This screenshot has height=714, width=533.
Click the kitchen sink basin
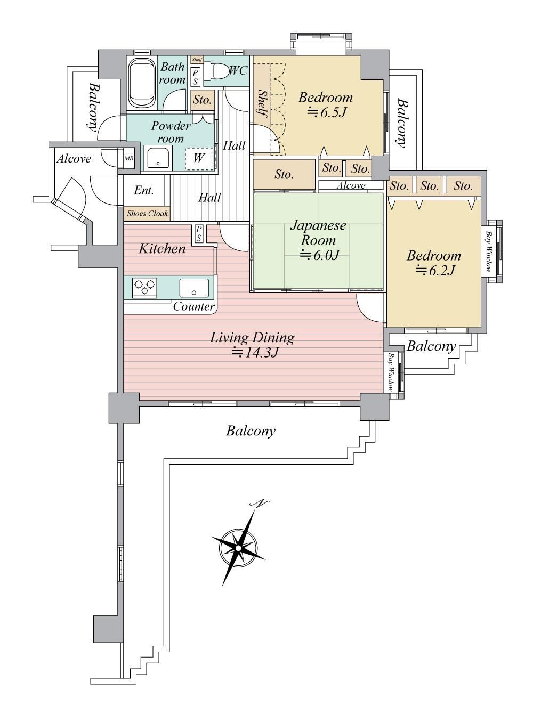tap(194, 288)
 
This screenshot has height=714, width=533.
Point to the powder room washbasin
tap(158, 157)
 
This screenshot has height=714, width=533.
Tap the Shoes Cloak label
tap(148, 214)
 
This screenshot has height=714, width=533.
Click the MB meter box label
tap(129, 159)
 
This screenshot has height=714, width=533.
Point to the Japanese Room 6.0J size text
tap(319, 255)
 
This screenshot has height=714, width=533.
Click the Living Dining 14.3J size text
tap(254, 353)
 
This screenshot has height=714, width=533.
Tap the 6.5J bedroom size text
tap(326, 112)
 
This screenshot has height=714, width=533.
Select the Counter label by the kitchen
tap(194, 306)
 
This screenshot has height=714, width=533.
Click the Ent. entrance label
tap(144, 191)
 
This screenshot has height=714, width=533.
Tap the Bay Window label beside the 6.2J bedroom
tap(488, 251)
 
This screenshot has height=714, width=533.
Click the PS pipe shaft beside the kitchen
tap(199, 234)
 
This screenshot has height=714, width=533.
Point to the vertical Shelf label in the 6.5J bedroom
tap(262, 104)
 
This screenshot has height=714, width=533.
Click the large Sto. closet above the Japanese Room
tap(284, 174)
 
